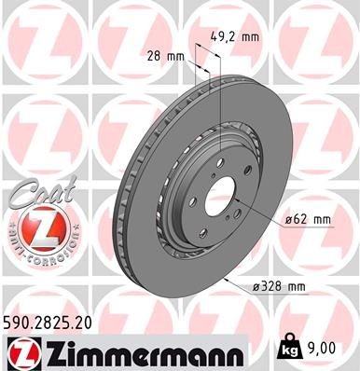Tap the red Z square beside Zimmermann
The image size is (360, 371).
[21, 351]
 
